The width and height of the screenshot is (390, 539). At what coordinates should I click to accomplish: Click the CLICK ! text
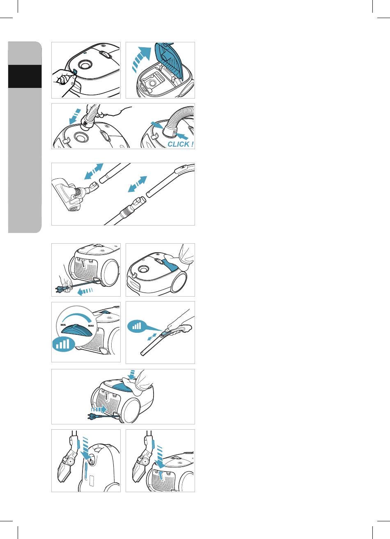point(180,144)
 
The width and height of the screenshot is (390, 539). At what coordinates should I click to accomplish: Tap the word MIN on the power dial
point(63,325)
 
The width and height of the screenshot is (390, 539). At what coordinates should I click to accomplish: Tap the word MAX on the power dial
point(91,326)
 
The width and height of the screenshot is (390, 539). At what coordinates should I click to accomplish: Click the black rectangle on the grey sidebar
point(25,76)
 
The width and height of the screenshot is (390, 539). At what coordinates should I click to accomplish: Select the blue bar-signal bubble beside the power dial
point(64,344)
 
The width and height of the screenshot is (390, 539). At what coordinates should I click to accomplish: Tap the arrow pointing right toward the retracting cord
point(99,409)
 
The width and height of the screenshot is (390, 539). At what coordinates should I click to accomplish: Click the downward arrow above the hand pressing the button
point(131,374)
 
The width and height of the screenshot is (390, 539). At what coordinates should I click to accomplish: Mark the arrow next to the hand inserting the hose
point(75,116)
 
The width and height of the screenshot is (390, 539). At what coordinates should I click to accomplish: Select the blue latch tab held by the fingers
point(75,72)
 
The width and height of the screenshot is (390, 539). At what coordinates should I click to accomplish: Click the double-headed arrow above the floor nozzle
point(94,171)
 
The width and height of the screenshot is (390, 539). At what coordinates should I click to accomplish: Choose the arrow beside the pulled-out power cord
point(85,291)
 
